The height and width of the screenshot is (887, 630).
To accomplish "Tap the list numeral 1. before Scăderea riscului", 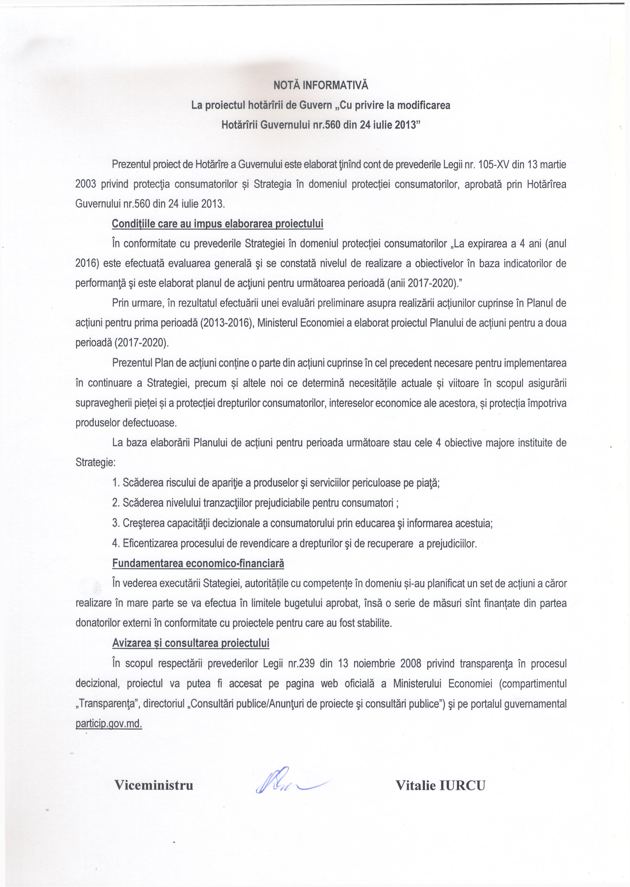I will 116,483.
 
